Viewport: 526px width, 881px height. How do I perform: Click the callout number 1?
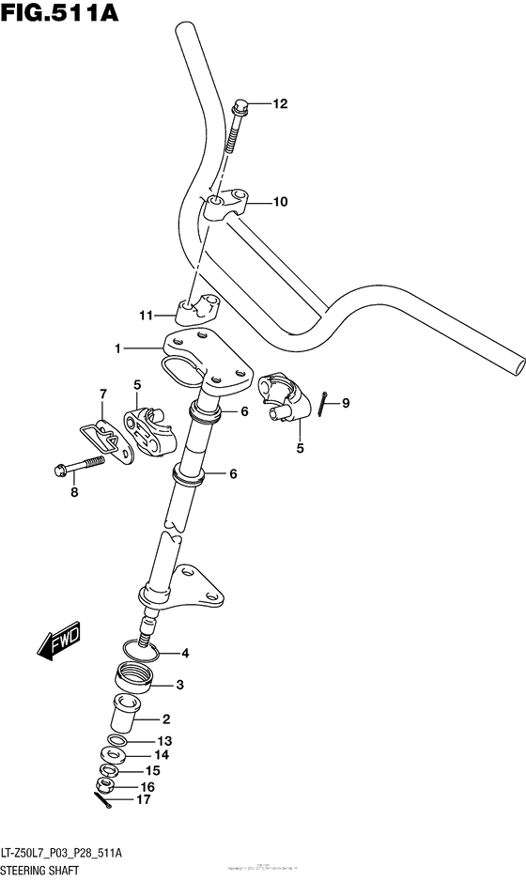point(118,348)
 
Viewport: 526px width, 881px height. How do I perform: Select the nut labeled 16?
point(107,786)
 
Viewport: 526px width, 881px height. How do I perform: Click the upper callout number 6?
point(243,411)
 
